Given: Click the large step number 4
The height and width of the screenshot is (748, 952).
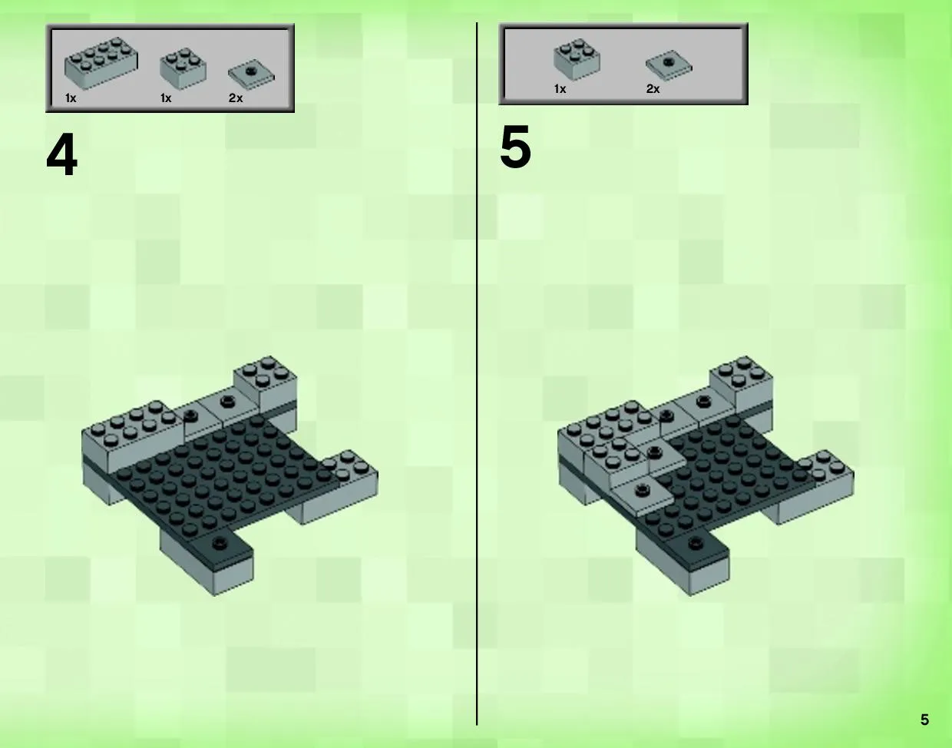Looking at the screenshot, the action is [x=61, y=155].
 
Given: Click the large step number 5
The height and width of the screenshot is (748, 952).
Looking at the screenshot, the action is [x=516, y=147].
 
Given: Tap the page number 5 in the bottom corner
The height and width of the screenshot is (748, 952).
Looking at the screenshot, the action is [x=925, y=720].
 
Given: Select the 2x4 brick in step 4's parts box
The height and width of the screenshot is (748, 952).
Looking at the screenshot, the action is [x=101, y=64].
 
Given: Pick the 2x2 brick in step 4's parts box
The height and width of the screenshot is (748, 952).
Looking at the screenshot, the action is [x=183, y=69].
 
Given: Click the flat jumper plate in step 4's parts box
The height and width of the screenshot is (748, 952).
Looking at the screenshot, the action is [x=252, y=75].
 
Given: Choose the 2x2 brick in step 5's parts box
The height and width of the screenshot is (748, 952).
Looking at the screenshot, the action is [x=577, y=59].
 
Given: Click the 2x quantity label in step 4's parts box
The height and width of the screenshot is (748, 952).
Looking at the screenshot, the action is [x=236, y=98].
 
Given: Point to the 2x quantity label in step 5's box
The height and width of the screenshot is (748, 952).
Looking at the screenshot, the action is [x=653, y=89].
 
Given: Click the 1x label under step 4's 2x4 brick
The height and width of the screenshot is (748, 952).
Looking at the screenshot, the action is [x=71, y=98].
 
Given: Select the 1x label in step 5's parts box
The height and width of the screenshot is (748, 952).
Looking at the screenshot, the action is [x=560, y=89].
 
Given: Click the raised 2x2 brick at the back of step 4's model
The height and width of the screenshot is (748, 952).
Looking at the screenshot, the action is [x=266, y=382].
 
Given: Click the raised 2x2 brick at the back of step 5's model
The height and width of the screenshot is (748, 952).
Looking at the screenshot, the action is [x=742, y=382].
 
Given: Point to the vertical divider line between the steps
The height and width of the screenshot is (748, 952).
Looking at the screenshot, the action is [x=477, y=373].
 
